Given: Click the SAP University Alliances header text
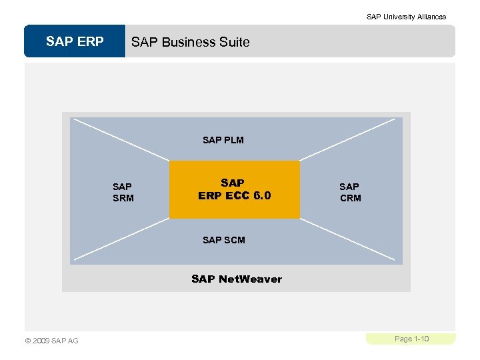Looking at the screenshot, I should click(406, 17).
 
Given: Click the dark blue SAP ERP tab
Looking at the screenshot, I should click(75, 41).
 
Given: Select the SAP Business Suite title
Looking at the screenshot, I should click(191, 42).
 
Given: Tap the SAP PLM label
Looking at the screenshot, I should click(223, 140).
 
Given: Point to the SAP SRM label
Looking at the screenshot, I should click(123, 192).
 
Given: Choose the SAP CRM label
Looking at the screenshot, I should click(350, 192).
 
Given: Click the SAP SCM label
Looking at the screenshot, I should click(224, 240).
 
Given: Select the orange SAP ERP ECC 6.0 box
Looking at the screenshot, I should click(235, 189).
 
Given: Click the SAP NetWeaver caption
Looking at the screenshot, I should click(237, 279).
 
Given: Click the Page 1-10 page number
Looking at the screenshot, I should click(411, 339).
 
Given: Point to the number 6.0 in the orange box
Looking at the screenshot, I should click(261, 195).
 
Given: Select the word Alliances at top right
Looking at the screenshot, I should click(431, 17).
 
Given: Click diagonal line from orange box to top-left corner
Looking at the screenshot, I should click(120, 139).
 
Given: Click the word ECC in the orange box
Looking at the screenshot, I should click(237, 195).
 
